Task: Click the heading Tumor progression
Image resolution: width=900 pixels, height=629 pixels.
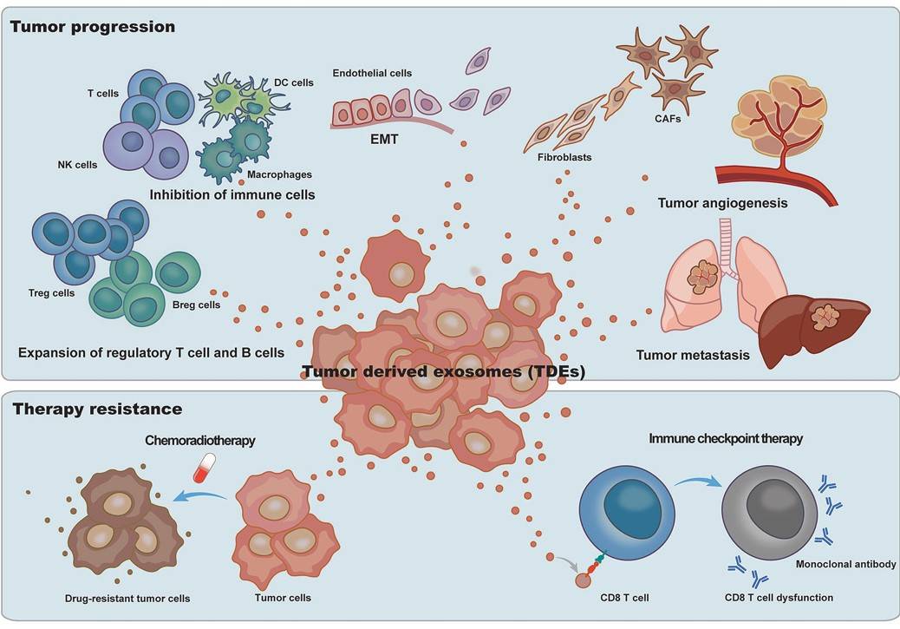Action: click(93, 27)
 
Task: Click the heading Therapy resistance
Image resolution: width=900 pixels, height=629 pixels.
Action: click(96, 408)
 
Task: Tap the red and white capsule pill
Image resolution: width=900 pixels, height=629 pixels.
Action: click(203, 470)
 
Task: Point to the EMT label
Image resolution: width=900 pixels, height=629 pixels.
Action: click(379, 136)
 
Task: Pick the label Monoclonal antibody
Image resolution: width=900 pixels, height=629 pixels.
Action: click(844, 565)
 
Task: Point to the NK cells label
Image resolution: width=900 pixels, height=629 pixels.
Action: click(75, 163)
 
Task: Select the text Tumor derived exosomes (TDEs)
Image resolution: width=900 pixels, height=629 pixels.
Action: click(444, 373)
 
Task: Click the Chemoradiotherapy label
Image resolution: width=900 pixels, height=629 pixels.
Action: click(201, 441)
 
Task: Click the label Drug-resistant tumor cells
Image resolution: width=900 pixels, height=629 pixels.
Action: click(127, 598)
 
